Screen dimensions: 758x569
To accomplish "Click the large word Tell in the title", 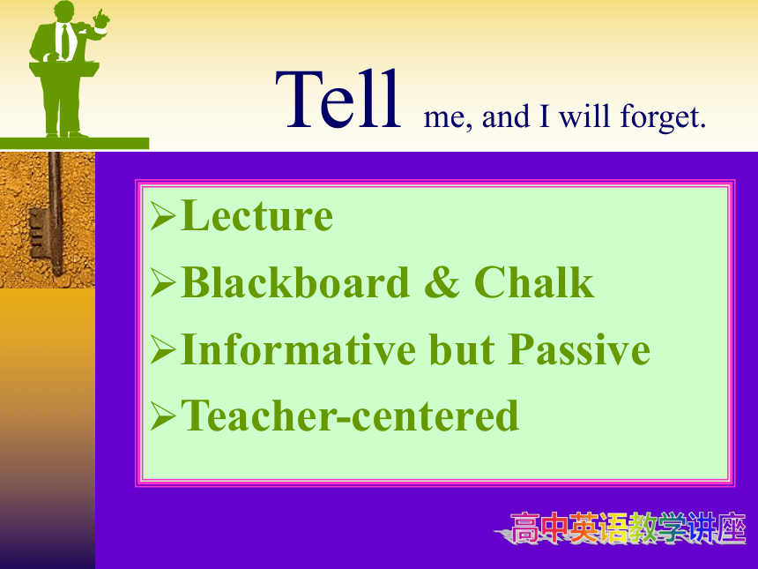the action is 338,99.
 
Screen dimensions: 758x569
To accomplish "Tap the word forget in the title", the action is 663,117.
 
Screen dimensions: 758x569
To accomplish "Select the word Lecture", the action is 256,215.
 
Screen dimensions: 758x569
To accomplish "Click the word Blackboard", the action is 295,282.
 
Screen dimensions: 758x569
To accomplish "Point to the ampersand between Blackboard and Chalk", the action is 442,282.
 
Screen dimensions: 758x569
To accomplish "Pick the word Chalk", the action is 534,282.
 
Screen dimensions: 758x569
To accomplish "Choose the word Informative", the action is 298,348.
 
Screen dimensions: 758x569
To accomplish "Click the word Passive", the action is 579,348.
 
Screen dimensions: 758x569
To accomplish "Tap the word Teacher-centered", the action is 350,416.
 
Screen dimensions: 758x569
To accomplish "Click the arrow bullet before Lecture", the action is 162,216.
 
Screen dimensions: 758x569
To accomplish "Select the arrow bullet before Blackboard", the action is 162,283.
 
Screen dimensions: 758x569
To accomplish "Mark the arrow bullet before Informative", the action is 162,350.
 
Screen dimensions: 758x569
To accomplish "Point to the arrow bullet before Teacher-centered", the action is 162,416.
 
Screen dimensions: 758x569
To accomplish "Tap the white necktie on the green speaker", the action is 65,40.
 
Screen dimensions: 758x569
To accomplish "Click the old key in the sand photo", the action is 48,213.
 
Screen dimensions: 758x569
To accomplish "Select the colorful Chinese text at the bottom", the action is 621,528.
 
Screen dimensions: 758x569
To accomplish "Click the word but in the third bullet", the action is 462,348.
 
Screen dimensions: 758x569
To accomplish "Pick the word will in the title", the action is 584,116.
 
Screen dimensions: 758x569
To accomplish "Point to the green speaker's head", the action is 63,11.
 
